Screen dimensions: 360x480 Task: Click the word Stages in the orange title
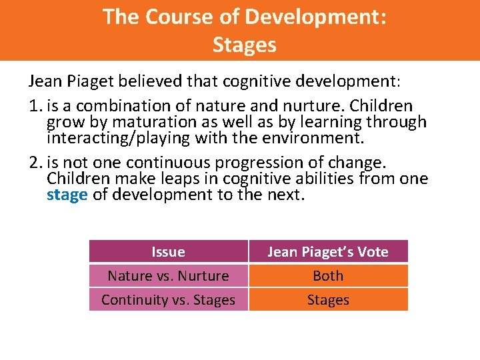pos(244,45)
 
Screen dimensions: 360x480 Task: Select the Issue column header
pos(168,251)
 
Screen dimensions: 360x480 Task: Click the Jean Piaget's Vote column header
pos(327,251)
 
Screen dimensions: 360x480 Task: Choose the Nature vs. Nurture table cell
pos(168,275)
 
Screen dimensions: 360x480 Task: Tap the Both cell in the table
pos(327,275)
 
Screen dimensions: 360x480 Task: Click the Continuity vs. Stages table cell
pos(168,300)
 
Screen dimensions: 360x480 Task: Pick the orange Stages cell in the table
pos(327,300)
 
